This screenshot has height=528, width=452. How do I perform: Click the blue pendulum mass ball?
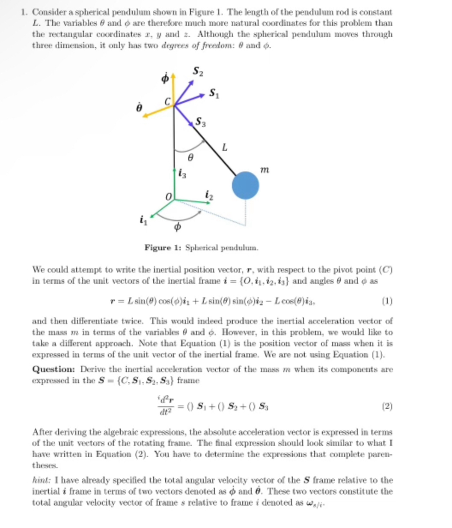click(x=245, y=185)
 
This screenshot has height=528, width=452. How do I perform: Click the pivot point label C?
click(x=168, y=102)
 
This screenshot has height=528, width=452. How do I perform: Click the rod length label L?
click(x=224, y=148)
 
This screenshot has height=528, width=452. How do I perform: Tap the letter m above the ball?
click(x=265, y=170)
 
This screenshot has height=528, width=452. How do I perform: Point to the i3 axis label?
click(x=181, y=174)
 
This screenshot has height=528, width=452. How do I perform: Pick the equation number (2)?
click(x=387, y=405)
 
